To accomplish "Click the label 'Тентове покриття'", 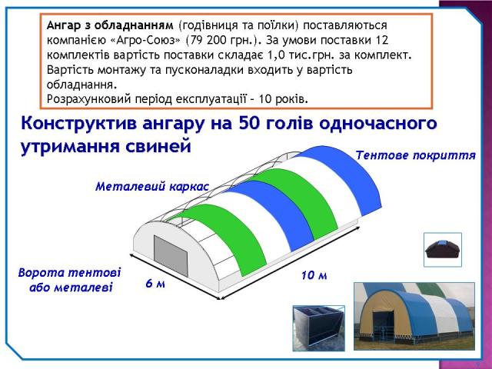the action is point(415,155).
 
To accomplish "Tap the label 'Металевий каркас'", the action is point(152,187).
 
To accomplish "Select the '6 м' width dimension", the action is point(155,284).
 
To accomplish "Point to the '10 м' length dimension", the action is point(314,275).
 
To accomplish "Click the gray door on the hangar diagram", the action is point(171,256).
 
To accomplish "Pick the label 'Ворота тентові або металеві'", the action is point(70,280).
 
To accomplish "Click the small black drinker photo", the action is point(443,250).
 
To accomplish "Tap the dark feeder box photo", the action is point(319,328).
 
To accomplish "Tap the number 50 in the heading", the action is point(249,123).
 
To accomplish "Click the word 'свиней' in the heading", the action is point(158,146).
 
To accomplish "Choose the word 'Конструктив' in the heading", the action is point(79,124).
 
